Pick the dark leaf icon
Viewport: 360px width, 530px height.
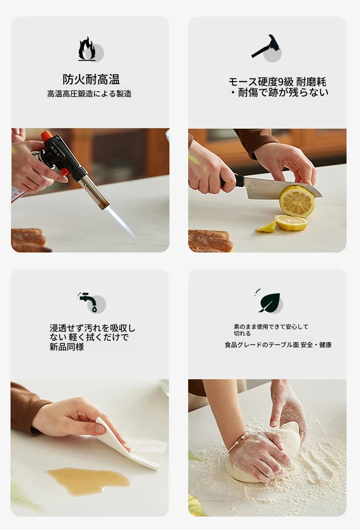pyautogui.click(x=269, y=302)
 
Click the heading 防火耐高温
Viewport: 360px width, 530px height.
pyautogui.click(x=91, y=79)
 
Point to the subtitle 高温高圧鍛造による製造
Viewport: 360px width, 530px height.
pyautogui.click(x=89, y=94)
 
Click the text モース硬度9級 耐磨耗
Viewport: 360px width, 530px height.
pyautogui.click(x=277, y=82)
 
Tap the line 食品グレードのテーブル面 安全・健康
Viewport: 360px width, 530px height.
pyautogui.click(x=278, y=345)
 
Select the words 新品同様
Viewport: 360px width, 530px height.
pyautogui.click(x=67, y=347)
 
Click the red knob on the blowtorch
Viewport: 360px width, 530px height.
pyautogui.click(x=47, y=136)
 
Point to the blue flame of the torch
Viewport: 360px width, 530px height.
pyautogui.click(x=120, y=221)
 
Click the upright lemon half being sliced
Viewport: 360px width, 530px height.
pyautogui.click(x=297, y=201)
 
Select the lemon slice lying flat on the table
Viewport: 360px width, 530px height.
pyautogui.click(x=291, y=223)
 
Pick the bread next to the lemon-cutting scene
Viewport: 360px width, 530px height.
pyautogui.click(x=210, y=241)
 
